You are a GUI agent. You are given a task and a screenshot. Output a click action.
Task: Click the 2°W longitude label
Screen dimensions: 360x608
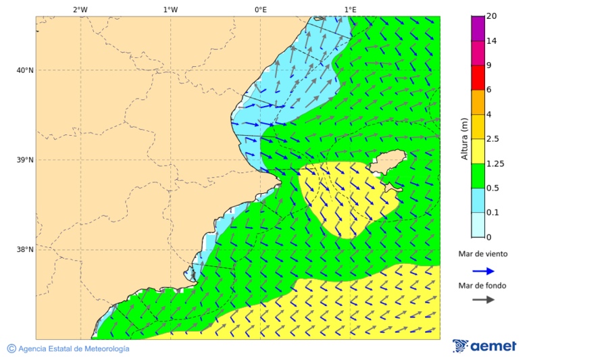pyautogui.click(x=80, y=9)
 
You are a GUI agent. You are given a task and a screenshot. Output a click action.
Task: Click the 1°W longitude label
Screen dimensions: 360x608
pyautogui.click(x=170, y=9)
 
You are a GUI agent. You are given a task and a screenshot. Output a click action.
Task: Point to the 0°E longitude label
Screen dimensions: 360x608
pyautogui.click(x=260, y=9)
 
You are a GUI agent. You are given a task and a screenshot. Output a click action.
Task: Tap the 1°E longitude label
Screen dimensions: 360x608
pyautogui.click(x=351, y=9)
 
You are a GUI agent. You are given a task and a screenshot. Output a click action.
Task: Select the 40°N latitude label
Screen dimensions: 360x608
pyautogui.click(x=25, y=70)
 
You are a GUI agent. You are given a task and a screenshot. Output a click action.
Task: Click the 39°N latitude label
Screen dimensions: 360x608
pyautogui.click(x=25, y=160)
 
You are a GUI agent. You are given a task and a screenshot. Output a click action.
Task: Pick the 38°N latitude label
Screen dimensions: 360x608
pyautogui.click(x=25, y=250)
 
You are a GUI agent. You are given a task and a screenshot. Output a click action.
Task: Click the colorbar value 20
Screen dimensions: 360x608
pyautogui.click(x=492, y=16)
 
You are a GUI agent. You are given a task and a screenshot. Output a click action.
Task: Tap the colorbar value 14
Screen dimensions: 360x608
pyautogui.click(x=492, y=41)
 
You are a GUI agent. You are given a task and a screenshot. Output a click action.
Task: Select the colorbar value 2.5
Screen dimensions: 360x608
pyautogui.click(x=494, y=139)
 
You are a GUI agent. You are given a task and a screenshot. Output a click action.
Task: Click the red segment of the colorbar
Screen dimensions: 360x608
pyautogui.click(x=478, y=78)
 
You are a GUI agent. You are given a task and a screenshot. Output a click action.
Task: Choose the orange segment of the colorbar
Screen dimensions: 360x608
pyautogui.click(x=478, y=102)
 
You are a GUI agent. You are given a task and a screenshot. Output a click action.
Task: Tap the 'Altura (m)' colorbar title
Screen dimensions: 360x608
pyautogui.click(x=464, y=139)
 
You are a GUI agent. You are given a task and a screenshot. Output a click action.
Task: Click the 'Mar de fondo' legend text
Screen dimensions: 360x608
pyautogui.click(x=482, y=285)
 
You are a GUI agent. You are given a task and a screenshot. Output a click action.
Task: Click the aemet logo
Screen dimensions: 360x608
pyautogui.click(x=484, y=346)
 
